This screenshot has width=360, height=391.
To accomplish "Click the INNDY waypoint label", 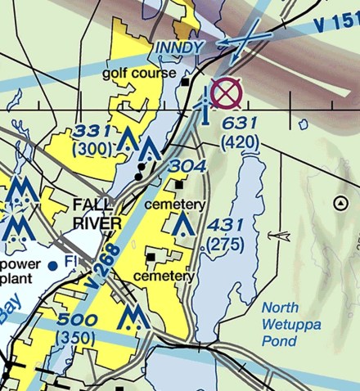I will [x=178, y=48].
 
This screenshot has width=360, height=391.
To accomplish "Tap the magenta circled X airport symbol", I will [x=227, y=94].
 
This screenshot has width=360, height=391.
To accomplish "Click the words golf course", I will [x=139, y=74].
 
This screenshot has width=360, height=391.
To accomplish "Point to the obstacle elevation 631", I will [x=241, y=124].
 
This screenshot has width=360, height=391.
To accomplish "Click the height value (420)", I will [x=241, y=143].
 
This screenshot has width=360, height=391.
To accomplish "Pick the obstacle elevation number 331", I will [x=92, y=131].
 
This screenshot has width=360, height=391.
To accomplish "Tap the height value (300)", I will [x=93, y=150].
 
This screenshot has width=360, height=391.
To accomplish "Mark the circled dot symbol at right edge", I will [x=341, y=203].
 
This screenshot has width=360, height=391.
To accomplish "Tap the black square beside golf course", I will [x=187, y=82].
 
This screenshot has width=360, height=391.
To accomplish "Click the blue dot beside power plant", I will [x=53, y=265].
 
